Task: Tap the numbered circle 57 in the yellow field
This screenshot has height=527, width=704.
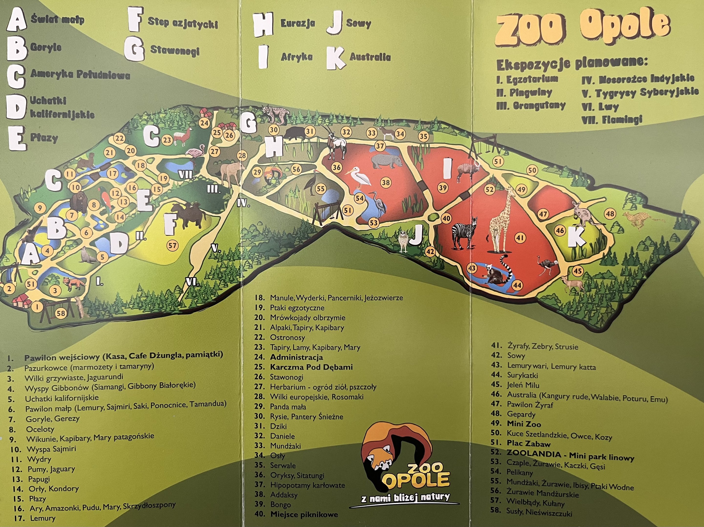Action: click(x=173, y=245)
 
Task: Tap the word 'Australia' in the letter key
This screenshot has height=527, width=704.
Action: click(x=370, y=57)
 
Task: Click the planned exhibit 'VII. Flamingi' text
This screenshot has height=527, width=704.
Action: click(x=612, y=120)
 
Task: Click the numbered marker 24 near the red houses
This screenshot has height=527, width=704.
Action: click(x=204, y=123)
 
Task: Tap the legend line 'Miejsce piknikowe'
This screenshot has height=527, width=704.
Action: click(x=304, y=515)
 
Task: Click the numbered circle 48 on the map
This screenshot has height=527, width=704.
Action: click(x=610, y=214)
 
